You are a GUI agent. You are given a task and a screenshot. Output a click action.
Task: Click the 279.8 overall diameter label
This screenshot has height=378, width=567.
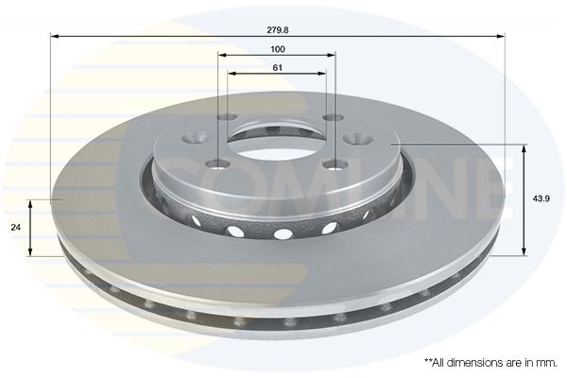click(277, 30)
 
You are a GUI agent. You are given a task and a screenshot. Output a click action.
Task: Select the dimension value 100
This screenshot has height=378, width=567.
click(277, 49)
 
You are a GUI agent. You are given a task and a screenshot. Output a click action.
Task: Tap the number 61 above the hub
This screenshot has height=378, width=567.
click(277, 68)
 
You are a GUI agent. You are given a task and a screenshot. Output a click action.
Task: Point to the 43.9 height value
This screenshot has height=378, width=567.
click(541, 198)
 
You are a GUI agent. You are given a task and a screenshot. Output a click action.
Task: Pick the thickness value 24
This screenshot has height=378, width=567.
click(15, 228)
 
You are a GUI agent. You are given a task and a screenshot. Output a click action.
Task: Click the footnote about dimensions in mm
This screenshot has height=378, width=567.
click(490, 363)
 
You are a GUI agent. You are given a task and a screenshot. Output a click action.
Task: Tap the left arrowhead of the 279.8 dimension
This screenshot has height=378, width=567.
click(55, 36)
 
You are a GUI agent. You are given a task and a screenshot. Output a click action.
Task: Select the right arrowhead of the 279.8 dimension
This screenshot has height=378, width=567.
click(501, 36)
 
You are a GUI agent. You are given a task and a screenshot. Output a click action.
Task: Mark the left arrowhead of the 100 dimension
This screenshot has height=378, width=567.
click(222, 55)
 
